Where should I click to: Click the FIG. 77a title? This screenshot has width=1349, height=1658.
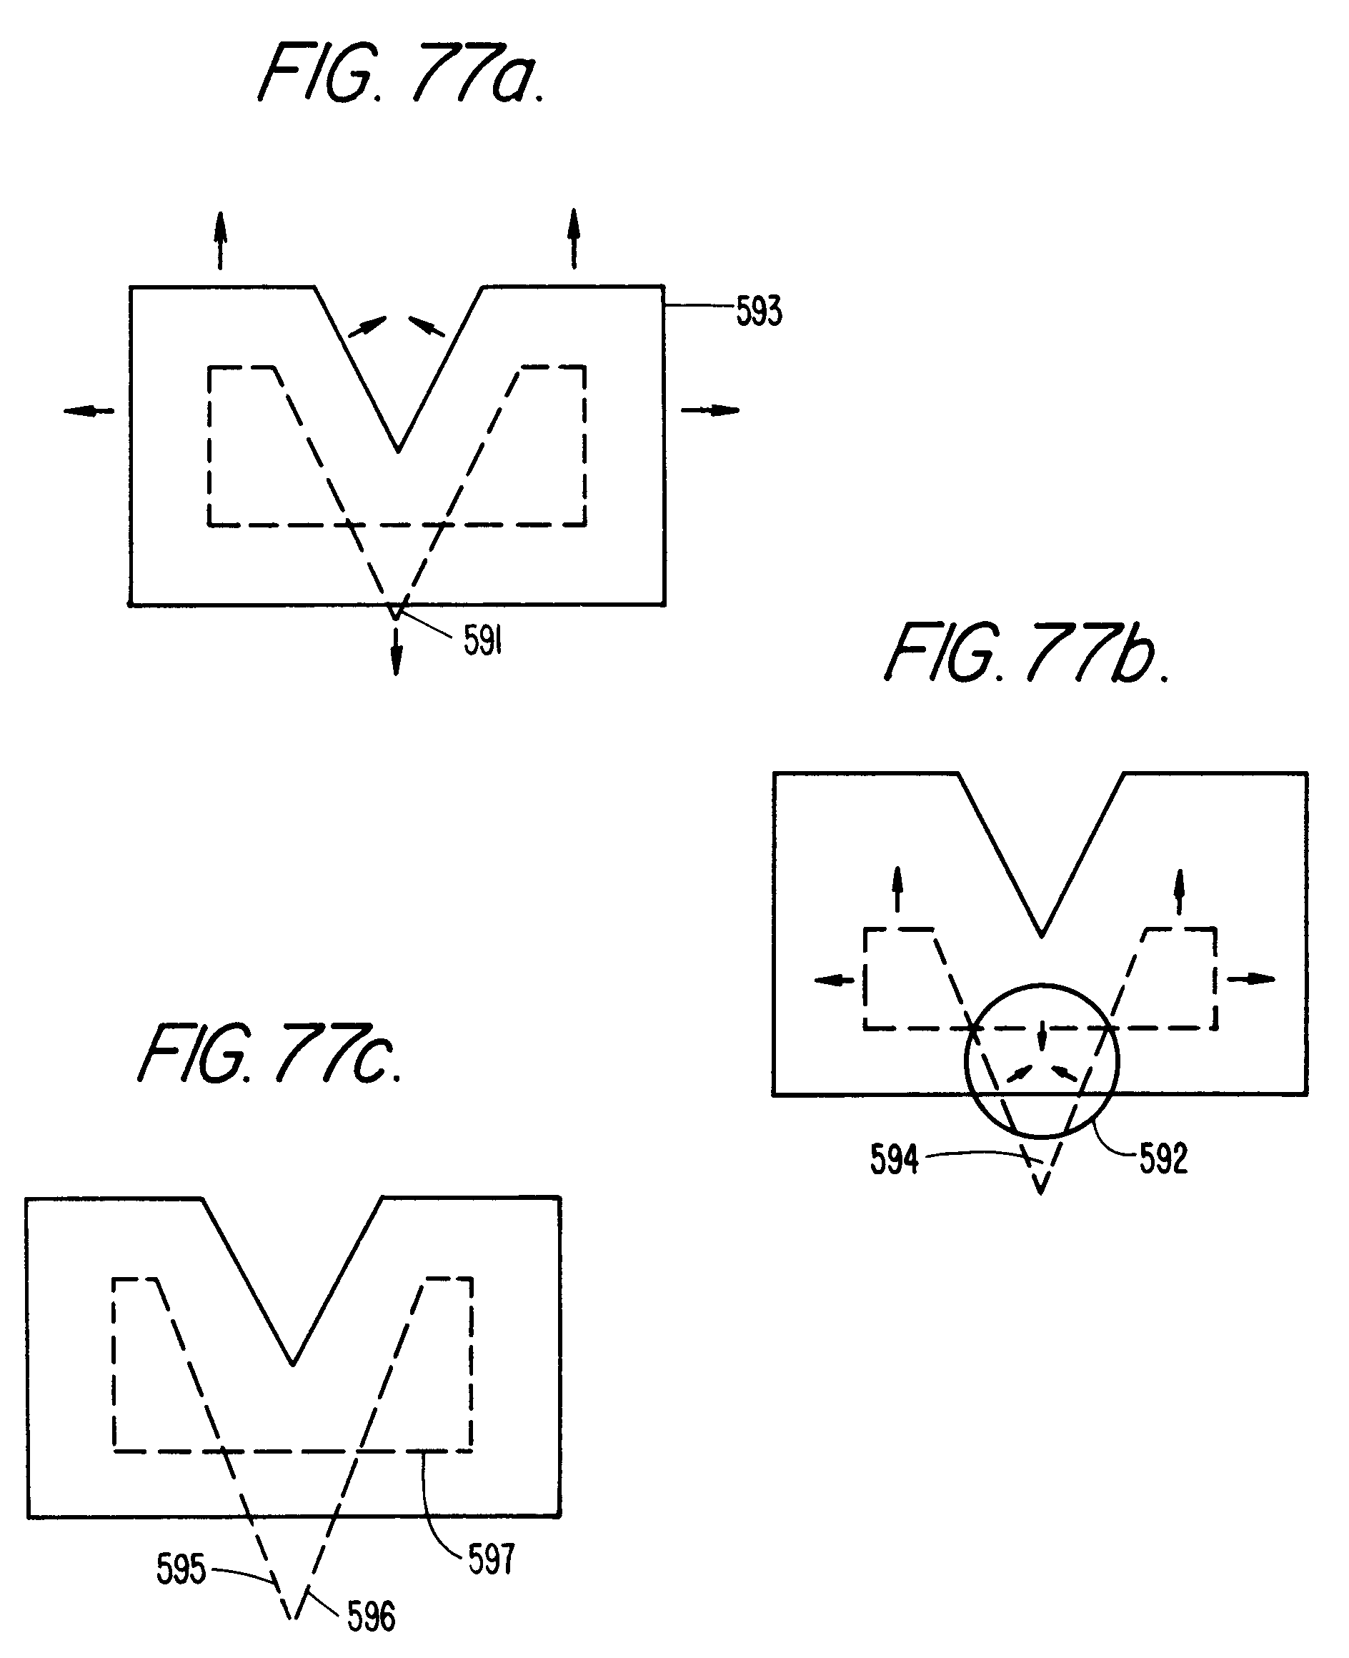(400, 74)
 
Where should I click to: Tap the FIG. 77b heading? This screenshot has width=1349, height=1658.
(1027, 654)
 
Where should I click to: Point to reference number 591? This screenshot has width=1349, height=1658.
(482, 641)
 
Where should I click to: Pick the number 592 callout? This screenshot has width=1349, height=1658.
(1163, 1158)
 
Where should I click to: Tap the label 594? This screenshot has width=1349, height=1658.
(894, 1159)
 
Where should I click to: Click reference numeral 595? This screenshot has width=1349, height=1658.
(180, 1568)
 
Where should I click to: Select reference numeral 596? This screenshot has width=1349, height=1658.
(371, 1617)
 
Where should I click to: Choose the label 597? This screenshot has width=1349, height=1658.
(491, 1559)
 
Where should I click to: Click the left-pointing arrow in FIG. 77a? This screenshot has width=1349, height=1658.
(89, 410)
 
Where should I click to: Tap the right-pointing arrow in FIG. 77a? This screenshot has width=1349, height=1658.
(710, 409)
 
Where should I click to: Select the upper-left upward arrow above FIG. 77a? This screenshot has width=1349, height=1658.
(221, 240)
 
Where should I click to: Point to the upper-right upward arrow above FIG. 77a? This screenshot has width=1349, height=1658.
(574, 239)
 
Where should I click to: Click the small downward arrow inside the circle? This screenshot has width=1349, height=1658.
(1041, 1038)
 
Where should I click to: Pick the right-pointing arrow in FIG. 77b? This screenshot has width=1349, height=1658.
(1251, 978)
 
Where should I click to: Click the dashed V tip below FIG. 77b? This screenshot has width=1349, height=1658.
(1040, 1191)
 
